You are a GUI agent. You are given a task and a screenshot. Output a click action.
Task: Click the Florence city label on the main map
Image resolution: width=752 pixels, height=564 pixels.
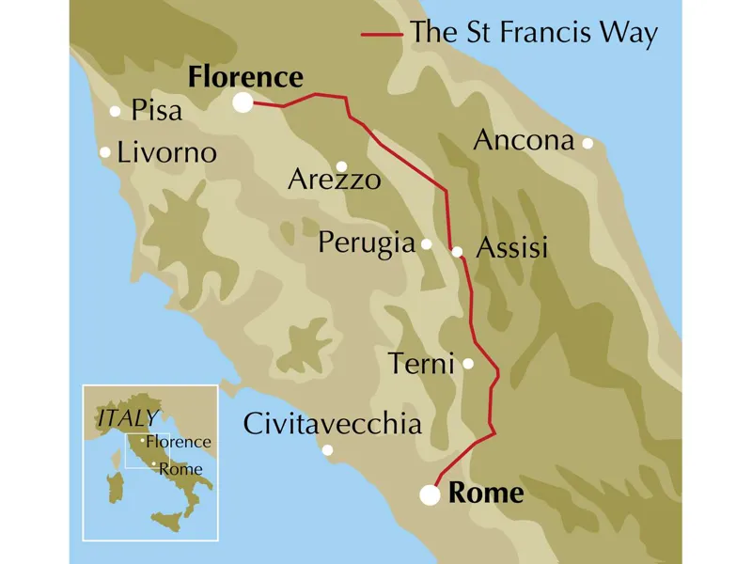245,77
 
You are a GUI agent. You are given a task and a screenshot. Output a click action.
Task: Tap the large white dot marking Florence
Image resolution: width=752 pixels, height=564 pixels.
243,102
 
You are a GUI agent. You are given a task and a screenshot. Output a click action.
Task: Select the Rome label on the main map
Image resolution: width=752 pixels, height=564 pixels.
486,493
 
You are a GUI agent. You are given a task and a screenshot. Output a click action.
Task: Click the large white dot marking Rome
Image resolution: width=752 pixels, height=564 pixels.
431,494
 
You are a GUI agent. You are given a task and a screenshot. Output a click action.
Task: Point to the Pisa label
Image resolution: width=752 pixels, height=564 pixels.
157,111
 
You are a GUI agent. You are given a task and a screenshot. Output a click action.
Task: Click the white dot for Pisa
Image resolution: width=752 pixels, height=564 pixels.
116,111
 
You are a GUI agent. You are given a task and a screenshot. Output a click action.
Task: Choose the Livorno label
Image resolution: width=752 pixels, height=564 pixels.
167,152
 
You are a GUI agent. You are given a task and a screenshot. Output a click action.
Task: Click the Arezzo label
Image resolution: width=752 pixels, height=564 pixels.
335,179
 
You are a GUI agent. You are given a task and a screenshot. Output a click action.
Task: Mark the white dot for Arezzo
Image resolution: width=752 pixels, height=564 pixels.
342,165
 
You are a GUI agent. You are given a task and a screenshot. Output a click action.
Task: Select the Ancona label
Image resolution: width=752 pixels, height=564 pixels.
524,141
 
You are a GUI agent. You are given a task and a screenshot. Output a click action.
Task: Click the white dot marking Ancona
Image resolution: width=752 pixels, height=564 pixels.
587,143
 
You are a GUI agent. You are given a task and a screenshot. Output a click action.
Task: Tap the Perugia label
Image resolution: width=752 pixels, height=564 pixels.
367,243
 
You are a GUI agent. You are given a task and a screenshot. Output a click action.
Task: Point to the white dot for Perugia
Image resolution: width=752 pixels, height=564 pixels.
426,244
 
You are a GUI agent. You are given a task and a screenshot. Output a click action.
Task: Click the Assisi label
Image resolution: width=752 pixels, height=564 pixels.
512,249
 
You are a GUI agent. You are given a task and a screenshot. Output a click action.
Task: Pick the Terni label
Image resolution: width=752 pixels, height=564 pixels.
422,364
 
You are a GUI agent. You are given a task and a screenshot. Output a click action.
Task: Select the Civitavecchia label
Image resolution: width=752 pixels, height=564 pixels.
332,424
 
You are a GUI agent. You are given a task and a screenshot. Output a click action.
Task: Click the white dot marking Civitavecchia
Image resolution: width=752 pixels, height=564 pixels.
327,450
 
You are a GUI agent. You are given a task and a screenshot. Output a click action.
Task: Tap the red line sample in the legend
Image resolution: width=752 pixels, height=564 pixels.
383,35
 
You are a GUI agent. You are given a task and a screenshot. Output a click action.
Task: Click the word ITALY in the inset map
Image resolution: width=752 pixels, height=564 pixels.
127,416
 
